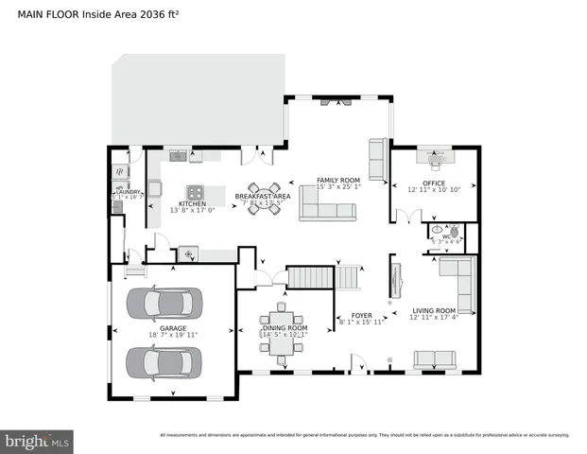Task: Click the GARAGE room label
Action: click(171, 328)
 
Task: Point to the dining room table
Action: click(281, 333)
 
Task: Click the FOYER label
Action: click(362, 315)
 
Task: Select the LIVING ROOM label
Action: click(433, 310)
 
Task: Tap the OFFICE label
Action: click(433, 183)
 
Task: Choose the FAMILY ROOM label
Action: click(338, 180)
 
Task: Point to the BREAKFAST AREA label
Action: click(264, 196)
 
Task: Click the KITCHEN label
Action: click(192, 203)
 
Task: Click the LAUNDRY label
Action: click(128, 192)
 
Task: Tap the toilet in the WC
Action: click(455, 230)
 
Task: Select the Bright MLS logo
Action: click(38, 441)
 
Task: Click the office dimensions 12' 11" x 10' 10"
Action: click(434, 190)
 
